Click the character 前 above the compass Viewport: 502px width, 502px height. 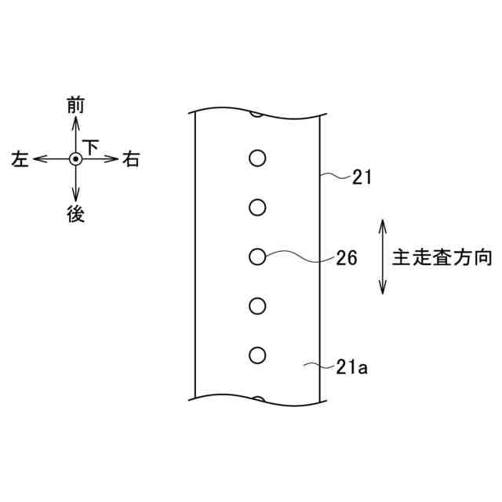coord(75,106)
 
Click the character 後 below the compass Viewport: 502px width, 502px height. coord(75,214)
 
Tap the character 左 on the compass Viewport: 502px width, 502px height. coord(20,160)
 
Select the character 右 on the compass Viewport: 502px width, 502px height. coord(131,160)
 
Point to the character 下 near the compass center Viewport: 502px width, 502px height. coord(92,147)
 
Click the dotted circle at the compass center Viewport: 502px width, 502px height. coord(75,159)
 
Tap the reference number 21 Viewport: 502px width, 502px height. coord(362,178)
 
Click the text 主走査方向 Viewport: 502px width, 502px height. coord(442,258)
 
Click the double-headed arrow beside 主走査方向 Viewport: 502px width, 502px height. coord(383,257)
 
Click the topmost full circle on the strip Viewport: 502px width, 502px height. coord(256,158)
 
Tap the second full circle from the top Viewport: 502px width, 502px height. coord(256,207)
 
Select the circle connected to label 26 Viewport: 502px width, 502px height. coord(256,256)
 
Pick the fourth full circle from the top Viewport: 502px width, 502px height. coord(256,305)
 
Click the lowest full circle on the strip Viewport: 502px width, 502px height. coord(256,355)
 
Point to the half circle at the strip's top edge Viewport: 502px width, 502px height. coord(256,115)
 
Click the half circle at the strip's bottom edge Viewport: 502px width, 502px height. coord(256,399)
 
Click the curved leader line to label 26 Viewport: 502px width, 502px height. coord(298,256)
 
